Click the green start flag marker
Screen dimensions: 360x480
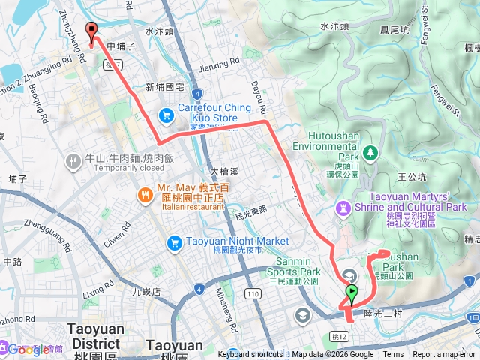pos(352,293)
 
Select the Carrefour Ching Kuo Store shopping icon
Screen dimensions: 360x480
pos(166,115)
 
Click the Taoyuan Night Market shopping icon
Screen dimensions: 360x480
pos(174,241)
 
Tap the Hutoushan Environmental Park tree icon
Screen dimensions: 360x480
pos(369,154)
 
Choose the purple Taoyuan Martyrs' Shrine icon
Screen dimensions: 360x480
pos(344,206)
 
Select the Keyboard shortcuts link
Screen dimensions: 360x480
pos(250,355)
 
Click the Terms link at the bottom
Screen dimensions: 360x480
pos(393,355)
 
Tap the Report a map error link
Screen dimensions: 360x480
pos(445,355)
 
